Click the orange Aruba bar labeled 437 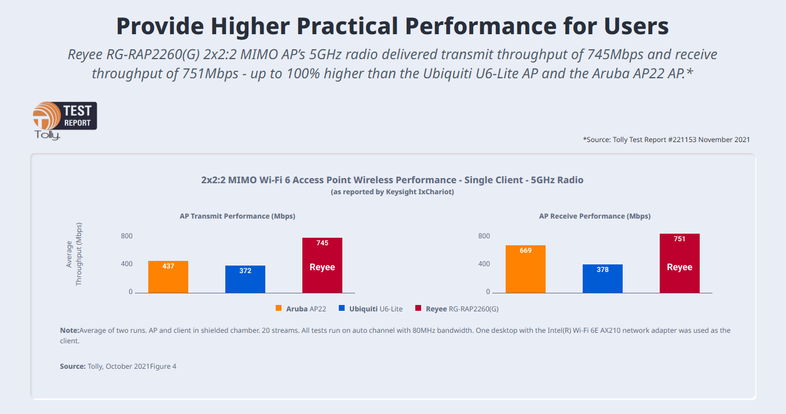click(168, 277)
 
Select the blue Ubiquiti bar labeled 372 click(245, 279)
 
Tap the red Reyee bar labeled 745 click(322, 265)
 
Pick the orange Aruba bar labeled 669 click(525, 269)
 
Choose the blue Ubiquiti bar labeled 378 click(602, 278)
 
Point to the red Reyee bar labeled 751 click(679, 263)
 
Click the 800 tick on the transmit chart click(127, 236)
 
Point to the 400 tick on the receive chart click(484, 264)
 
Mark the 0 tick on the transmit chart click(131, 292)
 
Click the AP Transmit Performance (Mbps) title click(237, 216)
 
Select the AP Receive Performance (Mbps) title click(595, 216)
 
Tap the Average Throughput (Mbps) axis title click(74, 254)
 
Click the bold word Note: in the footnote click(69, 331)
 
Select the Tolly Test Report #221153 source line click(666, 140)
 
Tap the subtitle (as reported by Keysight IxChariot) click(392, 192)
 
